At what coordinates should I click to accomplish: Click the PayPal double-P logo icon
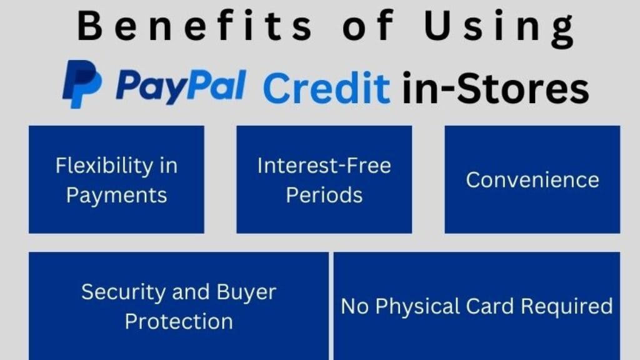tap(81, 84)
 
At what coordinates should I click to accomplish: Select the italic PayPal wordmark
tap(181, 85)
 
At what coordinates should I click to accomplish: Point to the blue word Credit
tap(326, 87)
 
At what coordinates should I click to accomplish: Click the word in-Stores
tap(494, 88)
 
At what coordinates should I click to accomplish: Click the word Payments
tap(116, 195)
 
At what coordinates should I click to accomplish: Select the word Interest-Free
tap(324, 166)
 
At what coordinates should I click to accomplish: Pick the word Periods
tap(324, 194)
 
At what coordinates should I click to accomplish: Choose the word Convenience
tap(532, 180)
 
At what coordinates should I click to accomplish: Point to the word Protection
tap(179, 321)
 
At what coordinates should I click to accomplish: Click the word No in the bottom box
tap(353, 306)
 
